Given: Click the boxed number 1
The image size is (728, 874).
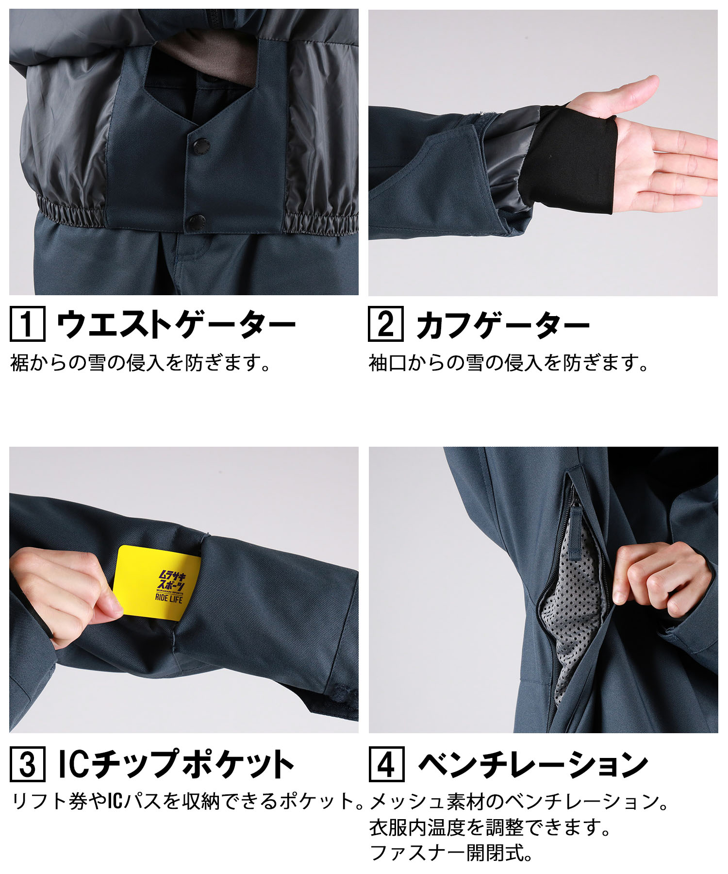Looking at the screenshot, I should [27, 324].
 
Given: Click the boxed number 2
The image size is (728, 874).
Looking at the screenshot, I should [385, 324].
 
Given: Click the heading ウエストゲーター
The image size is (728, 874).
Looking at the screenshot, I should [176, 324].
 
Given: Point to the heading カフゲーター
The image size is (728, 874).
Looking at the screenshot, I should [502, 324].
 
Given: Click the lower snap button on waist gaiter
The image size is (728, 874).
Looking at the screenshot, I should [196, 222].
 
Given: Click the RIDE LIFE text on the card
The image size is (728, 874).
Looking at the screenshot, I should [169, 598].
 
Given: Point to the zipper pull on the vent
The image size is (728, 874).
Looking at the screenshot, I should [576, 530].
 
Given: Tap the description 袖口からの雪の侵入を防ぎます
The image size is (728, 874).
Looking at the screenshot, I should [508, 363].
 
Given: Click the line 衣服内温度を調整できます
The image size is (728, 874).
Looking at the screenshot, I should [490, 827].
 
